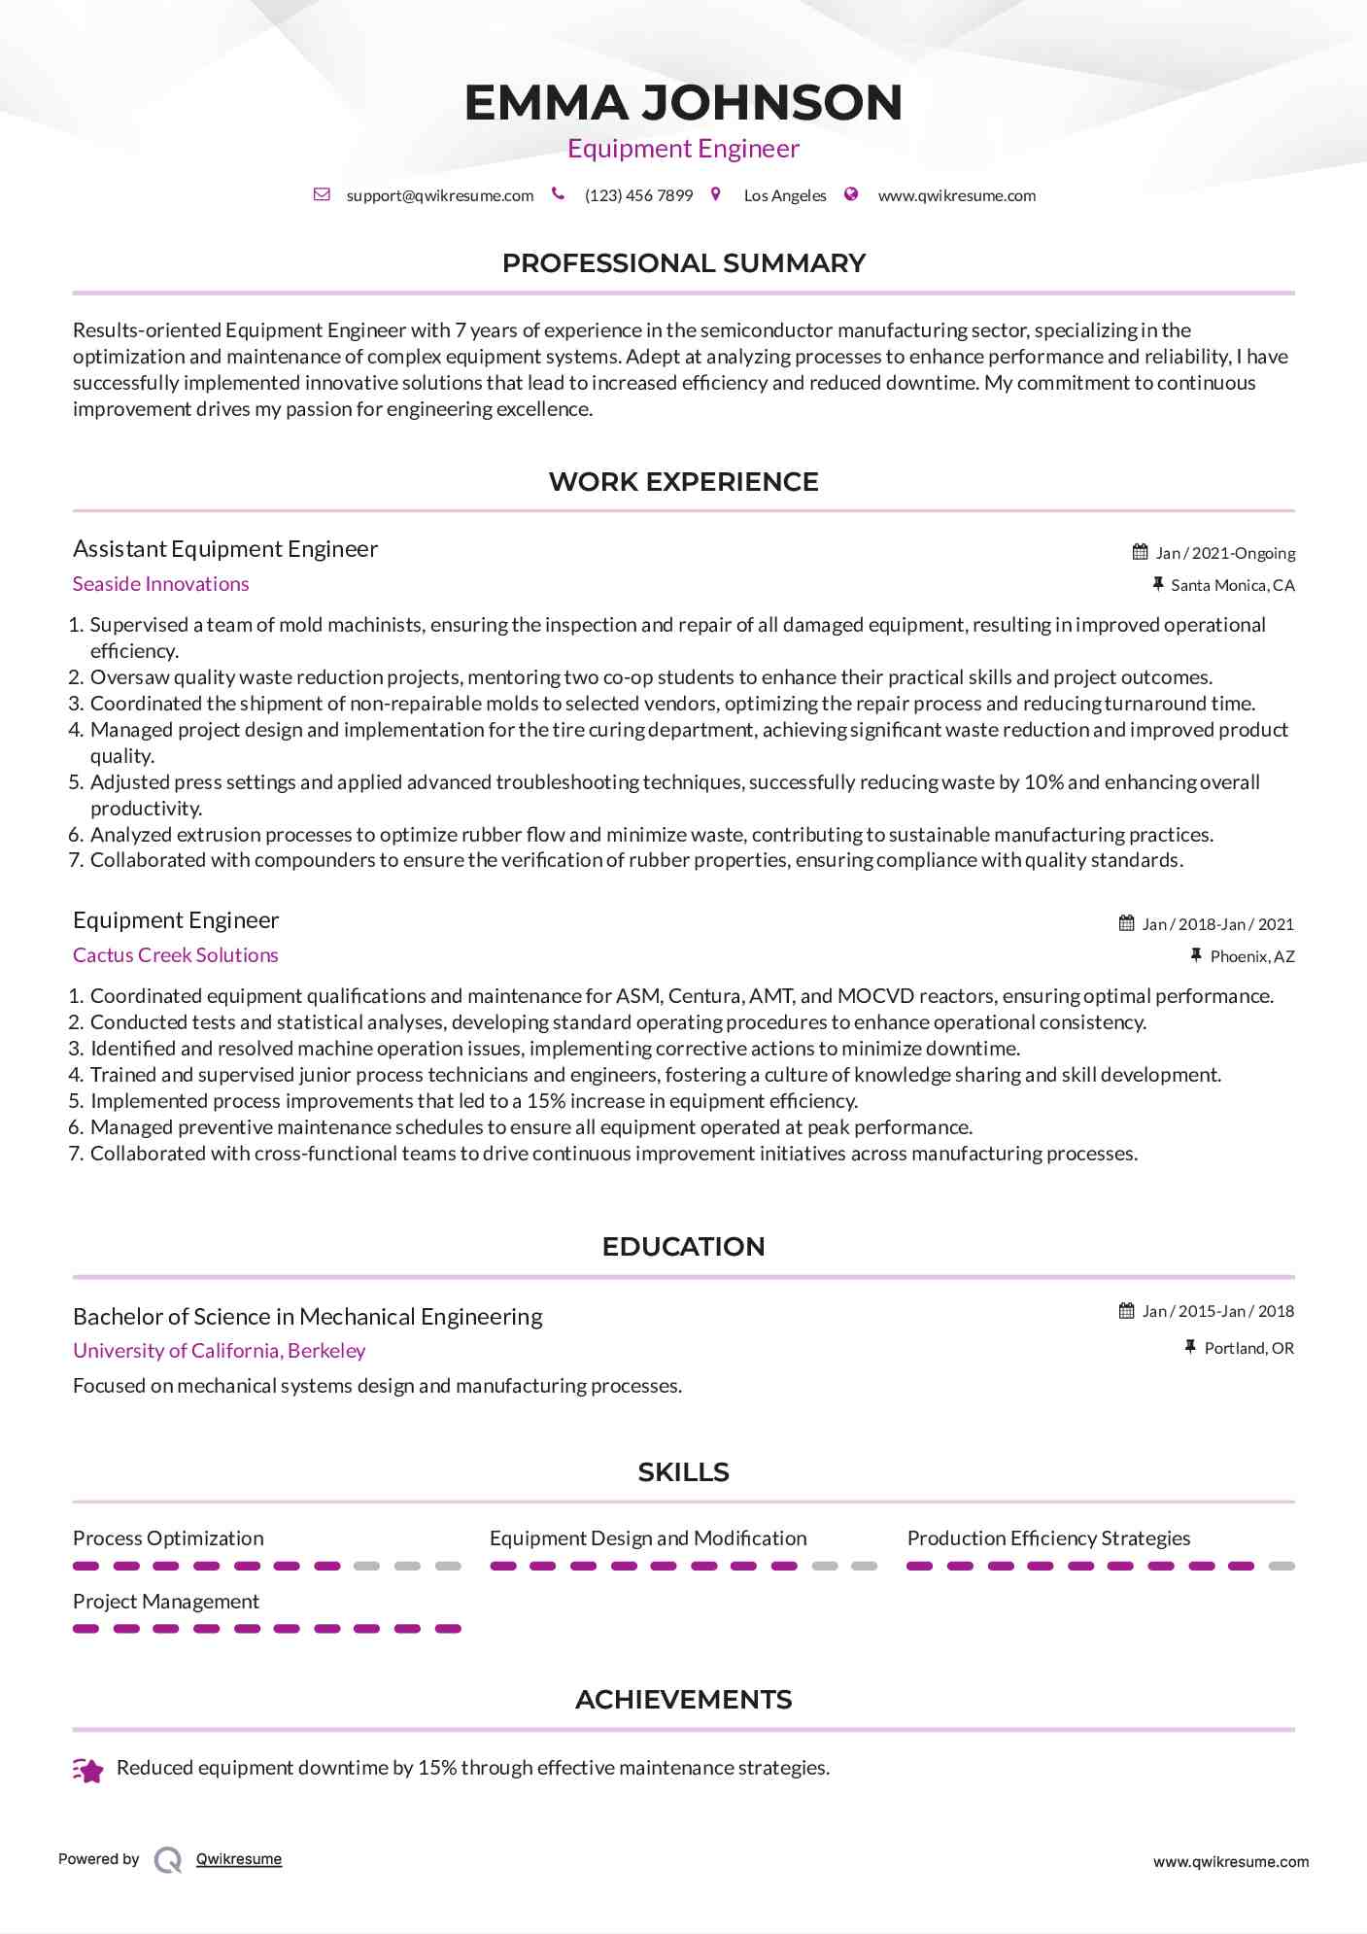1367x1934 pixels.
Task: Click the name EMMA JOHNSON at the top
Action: click(x=683, y=103)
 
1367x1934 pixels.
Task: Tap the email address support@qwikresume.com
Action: click(x=439, y=195)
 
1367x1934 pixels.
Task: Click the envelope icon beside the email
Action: click(x=322, y=194)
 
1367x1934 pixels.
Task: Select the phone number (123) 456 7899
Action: click(x=638, y=195)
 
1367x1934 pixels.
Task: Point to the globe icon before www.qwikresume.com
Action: click(x=851, y=194)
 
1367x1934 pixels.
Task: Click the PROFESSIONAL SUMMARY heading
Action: click(x=683, y=263)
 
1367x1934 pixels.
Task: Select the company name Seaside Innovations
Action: click(x=160, y=584)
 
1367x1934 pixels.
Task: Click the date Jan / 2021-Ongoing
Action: click(x=1224, y=553)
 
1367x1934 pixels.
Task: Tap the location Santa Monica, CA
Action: click(x=1232, y=585)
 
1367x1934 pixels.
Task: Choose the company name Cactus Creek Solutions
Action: click(x=175, y=955)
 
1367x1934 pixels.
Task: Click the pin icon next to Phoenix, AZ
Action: click(x=1196, y=956)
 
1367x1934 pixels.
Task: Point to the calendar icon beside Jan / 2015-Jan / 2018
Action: click(x=1126, y=1311)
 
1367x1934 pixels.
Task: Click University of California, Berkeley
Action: click(x=219, y=1351)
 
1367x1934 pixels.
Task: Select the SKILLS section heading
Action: click(x=683, y=1472)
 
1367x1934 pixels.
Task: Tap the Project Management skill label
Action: click(x=165, y=1602)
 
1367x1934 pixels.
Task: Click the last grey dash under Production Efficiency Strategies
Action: click(x=1282, y=1567)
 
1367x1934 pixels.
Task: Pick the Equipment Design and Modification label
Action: click(x=647, y=1538)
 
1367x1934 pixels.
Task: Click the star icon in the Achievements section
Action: click(x=88, y=1771)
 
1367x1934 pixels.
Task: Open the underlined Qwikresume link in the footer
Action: click(x=238, y=1859)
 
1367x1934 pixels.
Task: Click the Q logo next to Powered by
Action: click(x=167, y=1860)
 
